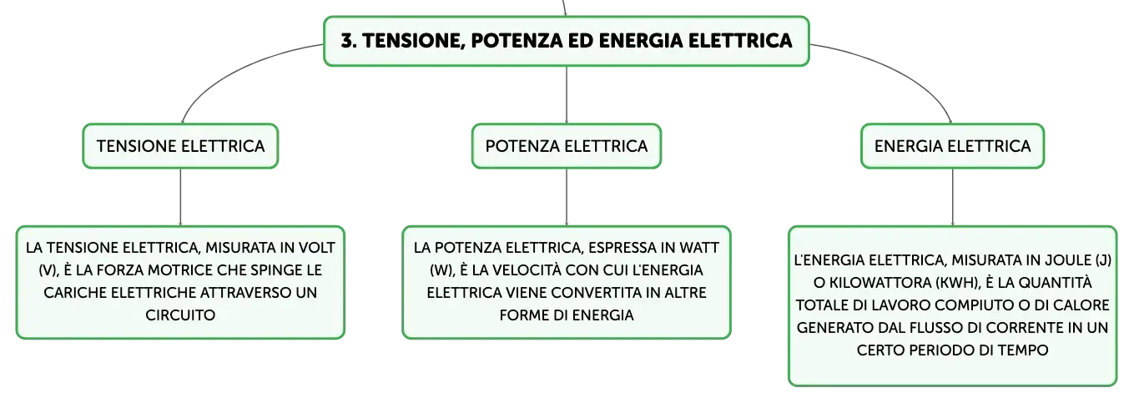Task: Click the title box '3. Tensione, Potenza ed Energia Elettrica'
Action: (567, 41)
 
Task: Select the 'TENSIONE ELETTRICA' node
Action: (180, 146)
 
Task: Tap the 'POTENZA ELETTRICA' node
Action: (567, 146)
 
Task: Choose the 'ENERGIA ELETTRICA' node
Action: (952, 146)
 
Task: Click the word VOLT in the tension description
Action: (316, 248)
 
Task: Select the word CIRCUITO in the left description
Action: (180, 315)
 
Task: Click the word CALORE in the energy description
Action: (1081, 305)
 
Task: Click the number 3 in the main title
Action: (345, 41)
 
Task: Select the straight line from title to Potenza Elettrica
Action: (567, 94)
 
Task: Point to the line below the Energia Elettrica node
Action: (952, 198)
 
